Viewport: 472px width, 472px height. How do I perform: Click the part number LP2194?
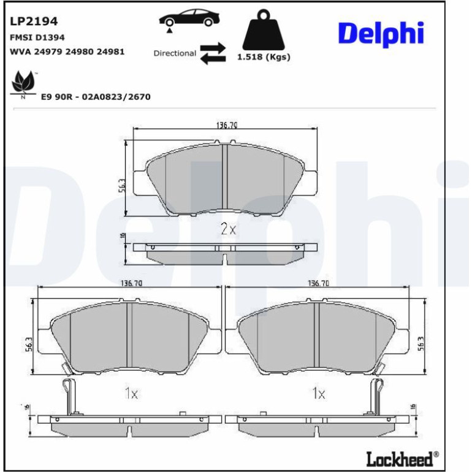tap(34, 21)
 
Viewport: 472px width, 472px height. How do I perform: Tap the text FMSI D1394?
tap(37, 37)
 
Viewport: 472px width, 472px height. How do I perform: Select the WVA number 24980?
tap(80, 51)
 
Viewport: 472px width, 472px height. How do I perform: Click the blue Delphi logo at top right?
tap(381, 34)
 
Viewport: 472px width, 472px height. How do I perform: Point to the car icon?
tap(189, 18)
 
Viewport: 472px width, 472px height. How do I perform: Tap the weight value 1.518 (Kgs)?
tap(264, 57)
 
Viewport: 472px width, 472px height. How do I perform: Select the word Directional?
tap(175, 53)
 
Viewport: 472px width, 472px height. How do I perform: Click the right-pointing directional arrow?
tap(213, 47)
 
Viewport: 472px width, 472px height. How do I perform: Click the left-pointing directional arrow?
tap(213, 58)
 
